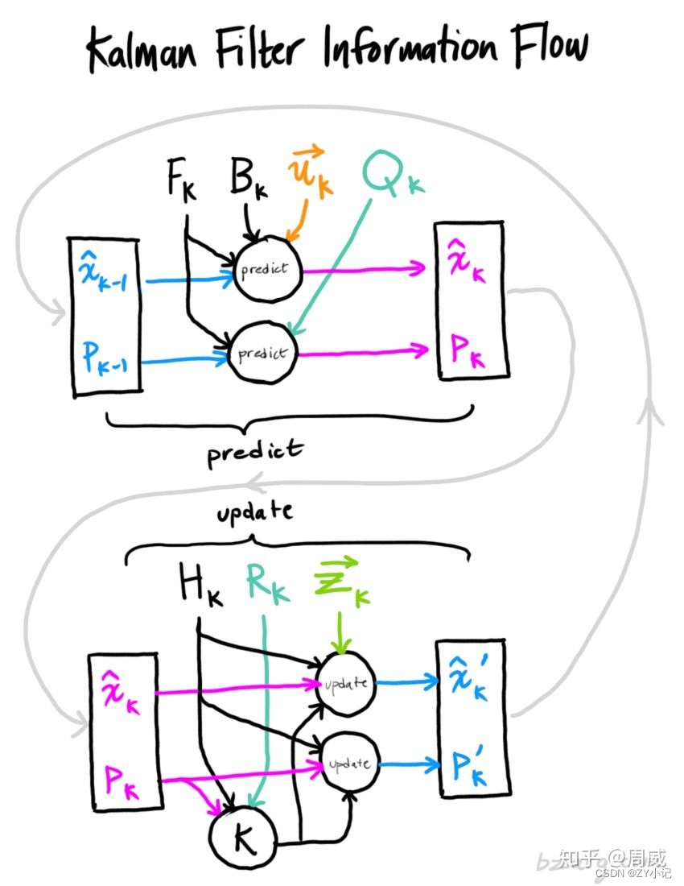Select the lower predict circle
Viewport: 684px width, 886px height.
click(262, 353)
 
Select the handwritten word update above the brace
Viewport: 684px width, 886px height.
click(255, 512)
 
